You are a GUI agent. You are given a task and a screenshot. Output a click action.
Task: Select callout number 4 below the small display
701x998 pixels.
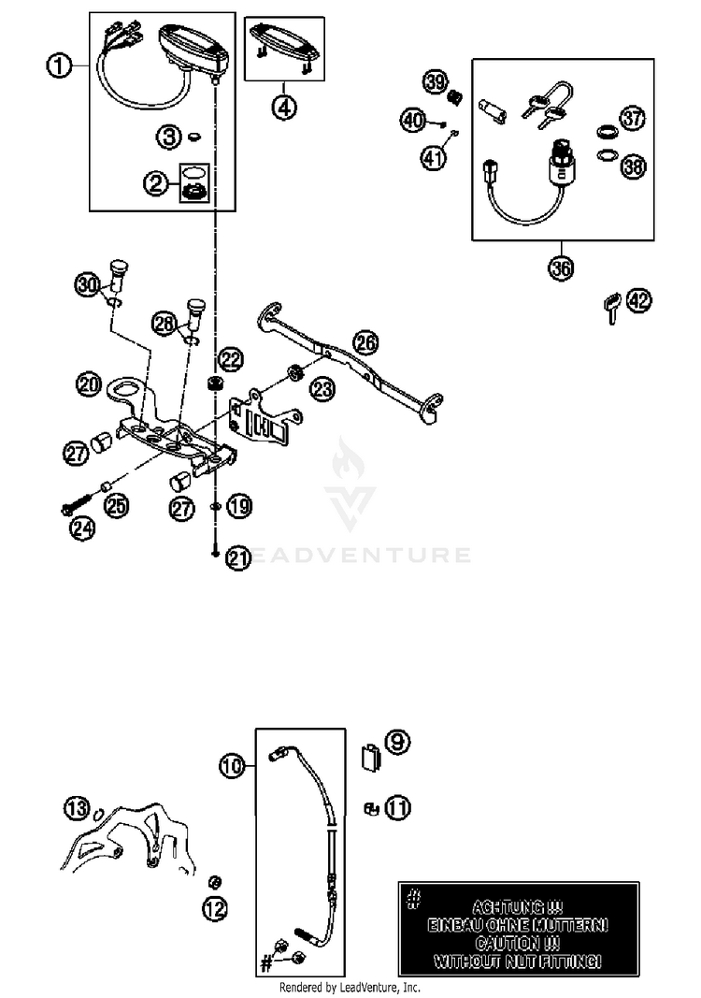click(x=284, y=106)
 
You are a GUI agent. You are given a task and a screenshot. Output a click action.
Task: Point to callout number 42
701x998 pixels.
click(x=638, y=301)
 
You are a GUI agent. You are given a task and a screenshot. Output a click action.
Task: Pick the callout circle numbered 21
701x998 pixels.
click(x=239, y=559)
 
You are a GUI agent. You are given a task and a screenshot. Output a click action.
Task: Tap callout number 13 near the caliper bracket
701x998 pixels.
click(x=78, y=807)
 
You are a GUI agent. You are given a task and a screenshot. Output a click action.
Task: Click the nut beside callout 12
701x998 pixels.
click(x=213, y=881)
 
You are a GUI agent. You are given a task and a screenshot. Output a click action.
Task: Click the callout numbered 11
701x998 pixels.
click(x=397, y=807)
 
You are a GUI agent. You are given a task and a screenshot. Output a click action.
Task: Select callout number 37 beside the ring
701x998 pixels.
click(x=633, y=119)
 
